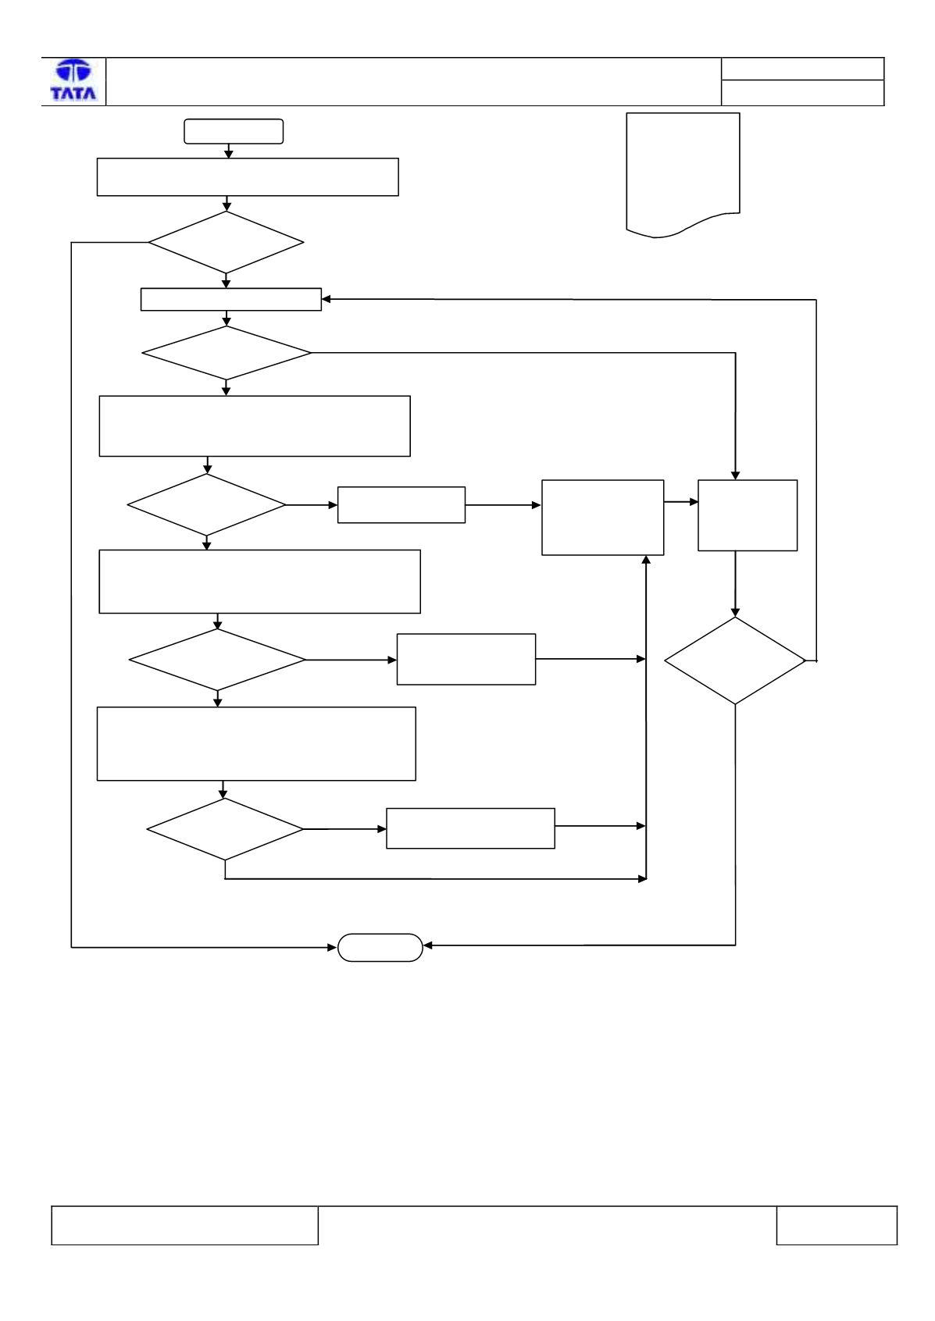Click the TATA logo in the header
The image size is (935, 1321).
tap(73, 80)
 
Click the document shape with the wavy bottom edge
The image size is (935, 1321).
tap(683, 175)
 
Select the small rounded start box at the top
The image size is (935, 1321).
tap(234, 131)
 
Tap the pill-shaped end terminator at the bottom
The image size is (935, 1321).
tap(380, 948)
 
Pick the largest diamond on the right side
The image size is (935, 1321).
tap(735, 660)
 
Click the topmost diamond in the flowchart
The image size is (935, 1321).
tap(226, 242)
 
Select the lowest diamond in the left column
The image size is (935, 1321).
tap(225, 829)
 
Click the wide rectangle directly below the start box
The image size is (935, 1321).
tap(248, 177)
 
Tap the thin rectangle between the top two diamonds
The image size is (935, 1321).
tap(231, 300)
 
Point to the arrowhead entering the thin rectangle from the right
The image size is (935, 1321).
tap(327, 299)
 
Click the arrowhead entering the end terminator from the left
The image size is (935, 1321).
tap(332, 948)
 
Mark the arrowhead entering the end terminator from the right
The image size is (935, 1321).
tap(428, 945)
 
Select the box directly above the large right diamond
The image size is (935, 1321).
tap(748, 515)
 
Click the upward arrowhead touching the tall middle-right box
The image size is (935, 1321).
tap(646, 560)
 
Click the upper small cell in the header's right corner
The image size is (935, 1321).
tap(802, 69)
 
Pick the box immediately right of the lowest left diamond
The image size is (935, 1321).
tap(471, 828)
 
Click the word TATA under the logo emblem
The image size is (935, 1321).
tap(73, 94)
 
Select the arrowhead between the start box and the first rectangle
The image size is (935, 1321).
tap(229, 154)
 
